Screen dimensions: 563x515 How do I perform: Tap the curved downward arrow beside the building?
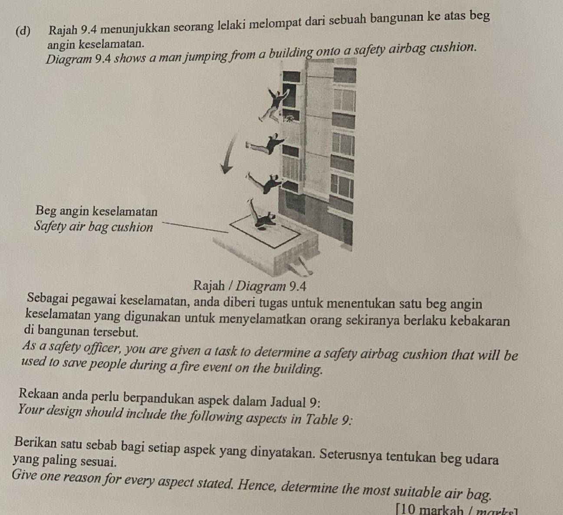(x=230, y=153)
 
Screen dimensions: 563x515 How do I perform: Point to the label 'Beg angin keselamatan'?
(x=96, y=211)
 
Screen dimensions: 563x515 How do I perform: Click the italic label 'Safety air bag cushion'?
(x=94, y=227)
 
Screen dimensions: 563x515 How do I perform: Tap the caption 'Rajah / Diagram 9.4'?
(x=250, y=286)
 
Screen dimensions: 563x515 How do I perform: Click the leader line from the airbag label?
(x=195, y=228)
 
